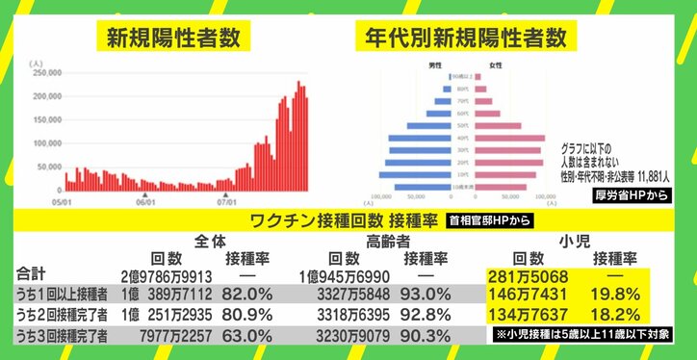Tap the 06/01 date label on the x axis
[144, 202]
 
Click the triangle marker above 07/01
[225, 193]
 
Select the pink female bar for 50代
[486, 124]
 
